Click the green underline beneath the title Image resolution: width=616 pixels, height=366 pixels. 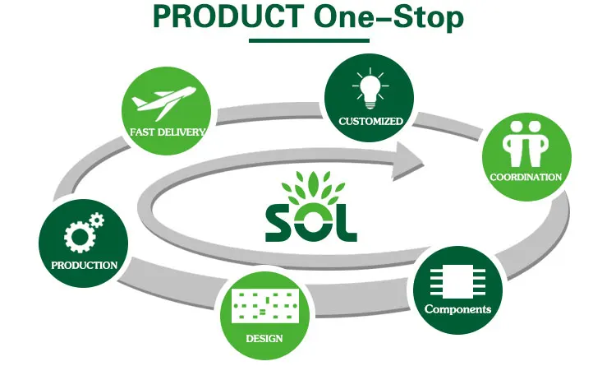[x=307, y=39]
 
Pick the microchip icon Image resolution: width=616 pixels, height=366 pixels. [x=458, y=282]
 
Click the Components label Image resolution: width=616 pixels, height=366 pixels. [x=457, y=309]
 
